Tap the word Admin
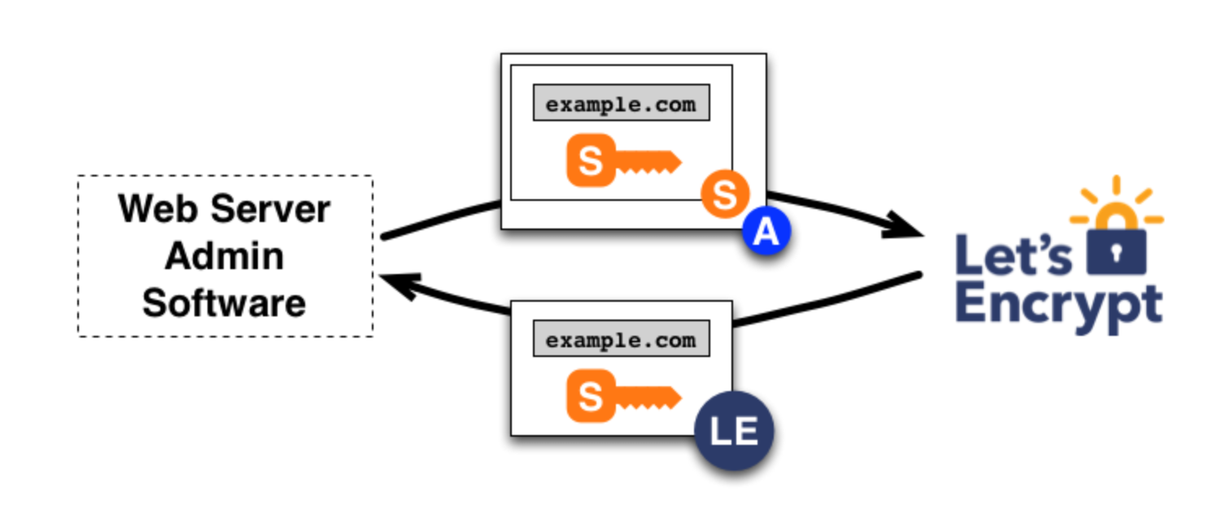coord(225,256)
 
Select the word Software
coord(225,303)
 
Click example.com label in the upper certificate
coord(621,104)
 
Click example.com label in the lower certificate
coord(621,339)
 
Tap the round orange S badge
coord(725,195)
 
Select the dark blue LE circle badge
coord(734,431)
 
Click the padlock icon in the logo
coord(1116,248)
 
